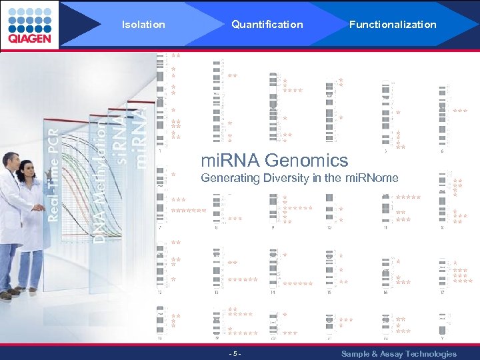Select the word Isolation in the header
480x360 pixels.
coord(143,25)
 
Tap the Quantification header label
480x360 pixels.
coord(267,25)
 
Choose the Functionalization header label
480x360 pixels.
coord(393,25)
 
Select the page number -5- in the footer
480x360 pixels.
coord(234,353)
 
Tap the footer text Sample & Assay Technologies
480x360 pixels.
coord(399,353)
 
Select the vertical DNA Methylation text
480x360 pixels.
coord(99,180)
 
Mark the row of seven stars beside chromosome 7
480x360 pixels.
coord(189,211)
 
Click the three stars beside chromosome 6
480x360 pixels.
coord(460,111)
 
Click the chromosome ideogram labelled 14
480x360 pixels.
coord(273,268)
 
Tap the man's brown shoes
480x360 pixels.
coord(9,293)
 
